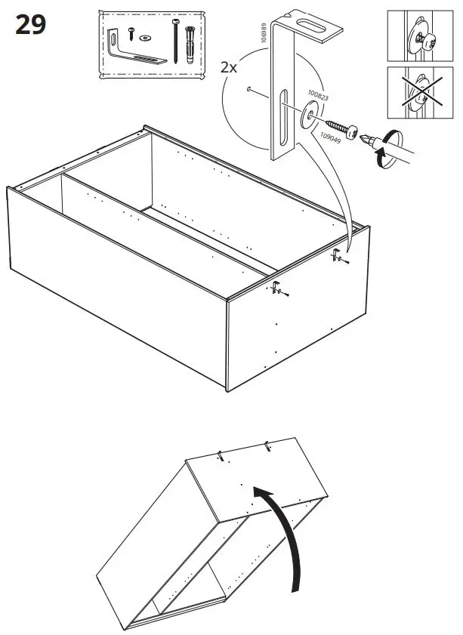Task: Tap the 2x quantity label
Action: [229, 67]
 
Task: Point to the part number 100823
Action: [317, 97]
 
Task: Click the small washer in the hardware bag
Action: [144, 35]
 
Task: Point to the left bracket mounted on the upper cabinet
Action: [277, 288]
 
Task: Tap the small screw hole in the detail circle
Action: [248, 90]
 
